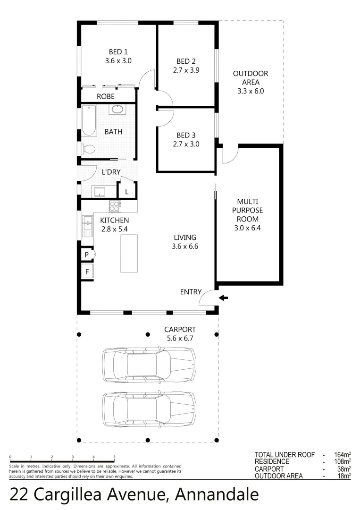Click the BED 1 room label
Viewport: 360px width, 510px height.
click(118, 52)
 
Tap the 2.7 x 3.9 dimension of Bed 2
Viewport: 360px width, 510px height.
click(186, 70)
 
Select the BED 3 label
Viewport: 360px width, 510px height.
click(186, 135)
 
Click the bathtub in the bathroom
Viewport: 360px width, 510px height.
click(88, 121)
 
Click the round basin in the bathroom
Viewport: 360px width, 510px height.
click(117, 110)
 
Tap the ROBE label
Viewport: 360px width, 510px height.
click(106, 96)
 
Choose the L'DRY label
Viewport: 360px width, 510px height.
click(111, 172)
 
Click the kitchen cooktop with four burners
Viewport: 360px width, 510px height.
click(115, 206)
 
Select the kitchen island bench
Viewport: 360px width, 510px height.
click(129, 253)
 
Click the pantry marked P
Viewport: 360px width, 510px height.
click(87, 255)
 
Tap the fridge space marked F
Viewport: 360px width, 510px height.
click(87, 272)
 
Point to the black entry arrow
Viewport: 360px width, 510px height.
click(224, 298)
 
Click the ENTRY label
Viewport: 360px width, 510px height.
click(191, 292)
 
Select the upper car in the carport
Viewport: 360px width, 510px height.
click(149, 365)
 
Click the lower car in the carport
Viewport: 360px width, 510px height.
click(149, 408)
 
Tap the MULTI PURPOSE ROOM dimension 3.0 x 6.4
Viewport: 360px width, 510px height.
click(250, 228)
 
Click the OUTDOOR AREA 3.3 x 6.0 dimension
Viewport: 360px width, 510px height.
click(251, 91)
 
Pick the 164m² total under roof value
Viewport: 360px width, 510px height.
click(342, 455)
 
